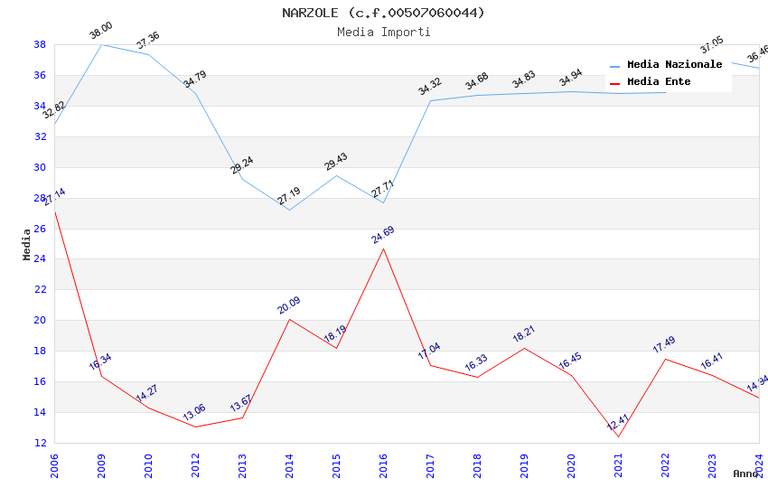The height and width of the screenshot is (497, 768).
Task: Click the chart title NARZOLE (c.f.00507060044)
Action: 383,13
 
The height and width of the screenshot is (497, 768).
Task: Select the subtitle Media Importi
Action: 383,32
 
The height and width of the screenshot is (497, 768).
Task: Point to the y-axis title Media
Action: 27,244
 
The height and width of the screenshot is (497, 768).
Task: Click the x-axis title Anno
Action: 745,474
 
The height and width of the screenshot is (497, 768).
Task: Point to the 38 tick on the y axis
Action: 40,44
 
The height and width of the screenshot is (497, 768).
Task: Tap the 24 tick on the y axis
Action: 40,259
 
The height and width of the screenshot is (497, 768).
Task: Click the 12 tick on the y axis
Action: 40,443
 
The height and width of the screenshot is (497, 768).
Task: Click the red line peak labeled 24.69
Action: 383,248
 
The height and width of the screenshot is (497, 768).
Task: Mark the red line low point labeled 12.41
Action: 618,436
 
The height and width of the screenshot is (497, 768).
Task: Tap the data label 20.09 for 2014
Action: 288,305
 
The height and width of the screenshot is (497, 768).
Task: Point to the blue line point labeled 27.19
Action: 289,210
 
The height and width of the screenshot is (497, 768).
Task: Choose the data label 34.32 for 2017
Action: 429,87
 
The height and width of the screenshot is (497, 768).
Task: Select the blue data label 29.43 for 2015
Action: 335,162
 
